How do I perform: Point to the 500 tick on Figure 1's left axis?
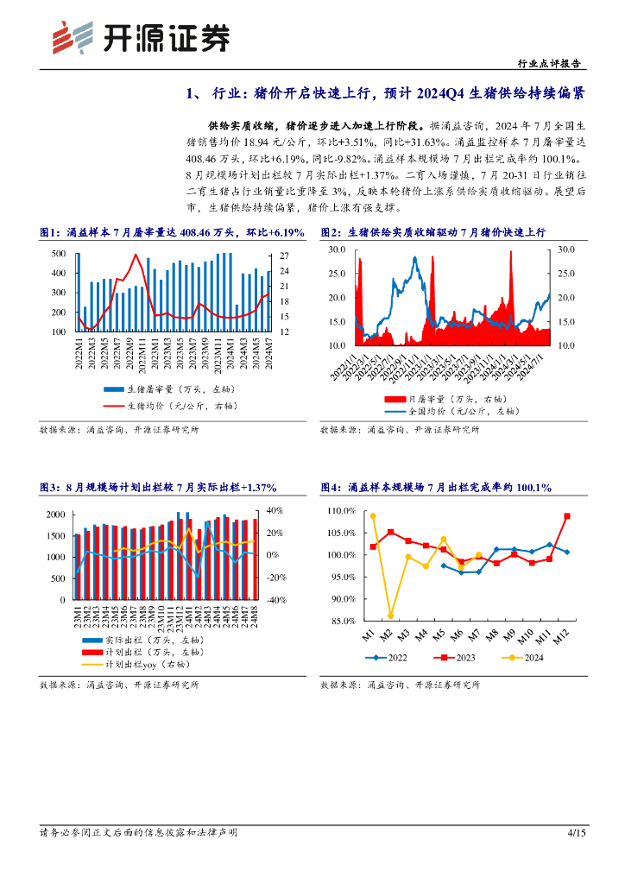[59, 254]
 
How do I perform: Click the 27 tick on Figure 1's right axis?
[284, 256]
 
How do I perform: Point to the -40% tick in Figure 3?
[275, 600]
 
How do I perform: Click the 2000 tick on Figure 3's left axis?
[55, 515]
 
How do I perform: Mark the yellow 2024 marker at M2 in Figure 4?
[390, 616]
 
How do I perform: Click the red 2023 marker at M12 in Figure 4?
[567, 516]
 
